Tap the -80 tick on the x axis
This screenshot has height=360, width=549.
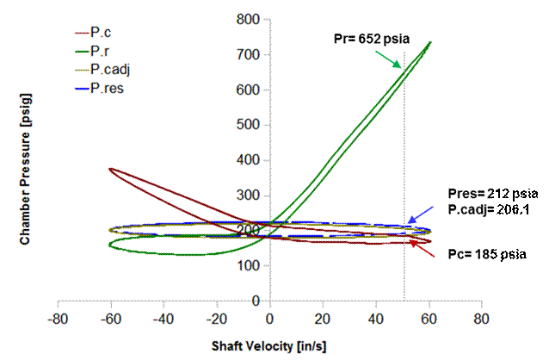click(x=58, y=317)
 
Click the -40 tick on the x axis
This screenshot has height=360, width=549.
click(x=163, y=317)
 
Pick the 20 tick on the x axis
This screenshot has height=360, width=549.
click(x=324, y=317)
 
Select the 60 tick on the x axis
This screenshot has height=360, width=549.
click(x=429, y=317)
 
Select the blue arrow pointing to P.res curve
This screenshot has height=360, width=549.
click(x=422, y=214)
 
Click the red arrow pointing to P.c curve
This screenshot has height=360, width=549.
click(x=423, y=248)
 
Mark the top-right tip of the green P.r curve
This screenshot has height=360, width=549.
click(x=430, y=41)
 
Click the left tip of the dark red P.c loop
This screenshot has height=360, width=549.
click(x=109, y=169)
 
